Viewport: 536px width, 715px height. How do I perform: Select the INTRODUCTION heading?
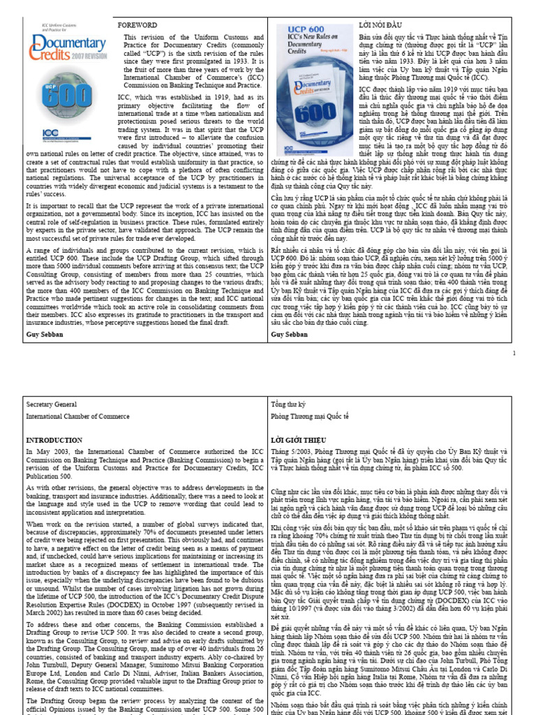tap(54, 441)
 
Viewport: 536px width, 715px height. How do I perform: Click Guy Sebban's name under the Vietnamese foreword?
tap(290, 334)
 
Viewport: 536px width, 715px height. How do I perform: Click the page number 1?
tap(514, 353)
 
